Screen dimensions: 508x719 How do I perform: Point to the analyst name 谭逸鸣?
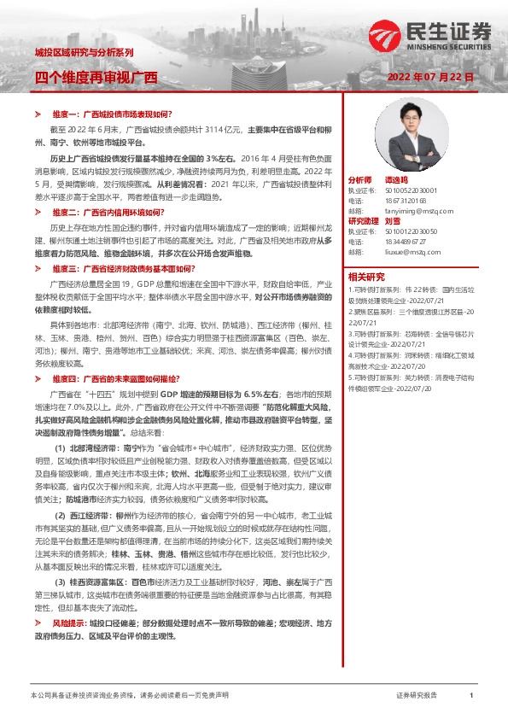tap(397, 181)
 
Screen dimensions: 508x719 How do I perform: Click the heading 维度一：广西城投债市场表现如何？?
tap(112, 114)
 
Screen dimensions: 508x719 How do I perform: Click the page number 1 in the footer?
tap(470, 696)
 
